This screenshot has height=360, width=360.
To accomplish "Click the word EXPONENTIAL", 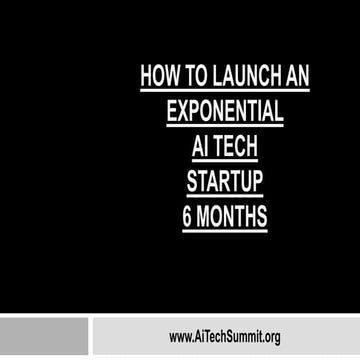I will click(225, 110).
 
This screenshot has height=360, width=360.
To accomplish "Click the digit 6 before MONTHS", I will click(189, 216).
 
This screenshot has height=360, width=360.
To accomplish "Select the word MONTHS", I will click(234, 216).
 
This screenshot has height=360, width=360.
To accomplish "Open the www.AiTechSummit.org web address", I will click(224, 337).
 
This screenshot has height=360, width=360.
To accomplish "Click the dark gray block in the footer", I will click(44, 337).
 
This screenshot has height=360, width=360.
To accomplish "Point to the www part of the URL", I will click(180, 338).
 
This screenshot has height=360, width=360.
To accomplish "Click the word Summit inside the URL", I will click(239, 337).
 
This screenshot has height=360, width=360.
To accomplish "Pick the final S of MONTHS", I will click(262, 216).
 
